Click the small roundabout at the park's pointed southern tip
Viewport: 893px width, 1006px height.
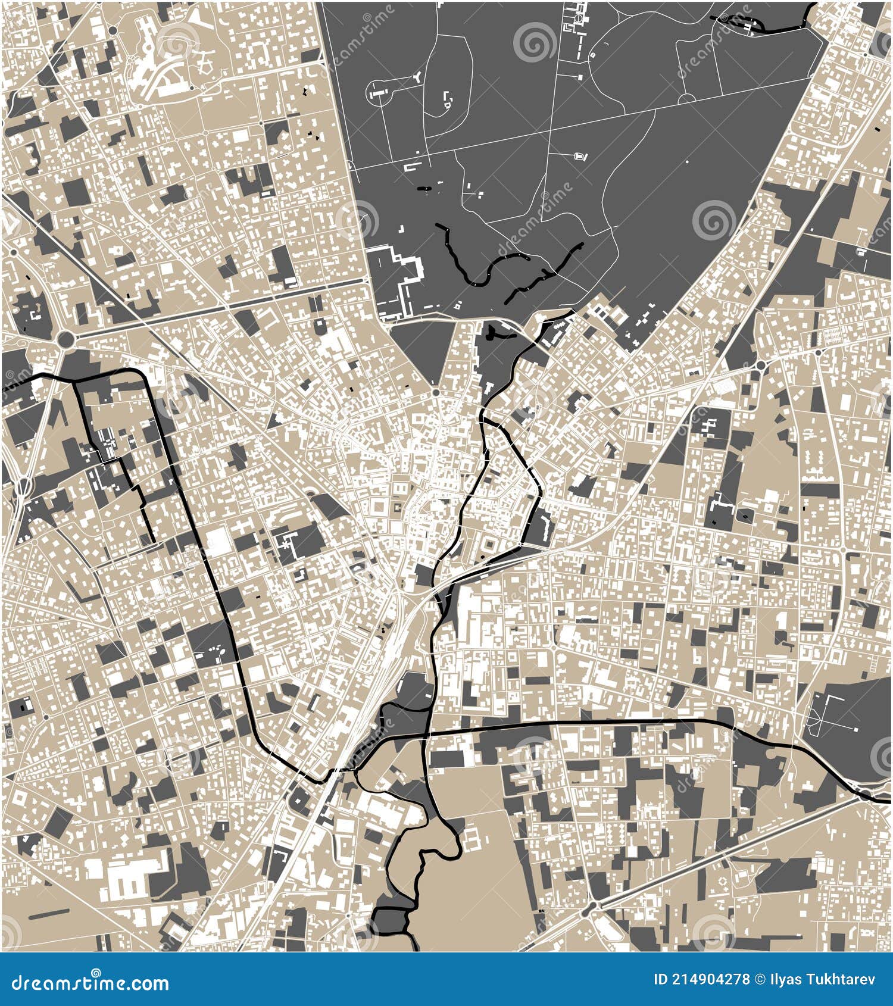tap(436, 393)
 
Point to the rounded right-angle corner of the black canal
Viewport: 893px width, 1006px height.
tap(143, 373)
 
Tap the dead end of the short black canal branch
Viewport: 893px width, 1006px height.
tap(154, 542)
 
